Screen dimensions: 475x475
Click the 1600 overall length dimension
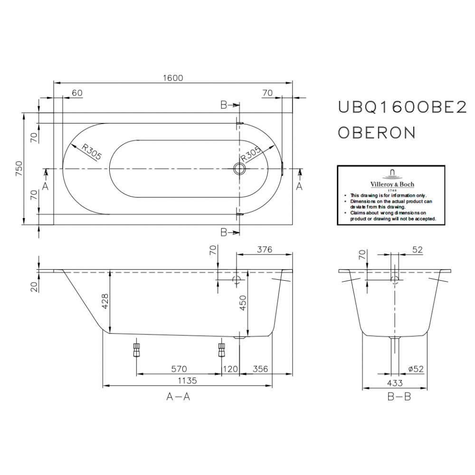[x=173, y=78]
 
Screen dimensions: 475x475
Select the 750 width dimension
[x=19, y=169]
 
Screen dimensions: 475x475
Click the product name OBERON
[x=377, y=132]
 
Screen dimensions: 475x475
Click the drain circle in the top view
[x=238, y=169]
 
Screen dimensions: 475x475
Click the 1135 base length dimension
[x=187, y=380]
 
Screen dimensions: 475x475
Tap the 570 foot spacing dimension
[x=179, y=369]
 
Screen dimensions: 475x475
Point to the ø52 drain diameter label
[x=416, y=369]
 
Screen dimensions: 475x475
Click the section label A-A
[x=178, y=397]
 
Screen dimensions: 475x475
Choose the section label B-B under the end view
[x=399, y=397]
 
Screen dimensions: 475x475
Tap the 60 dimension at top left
[x=77, y=93]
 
